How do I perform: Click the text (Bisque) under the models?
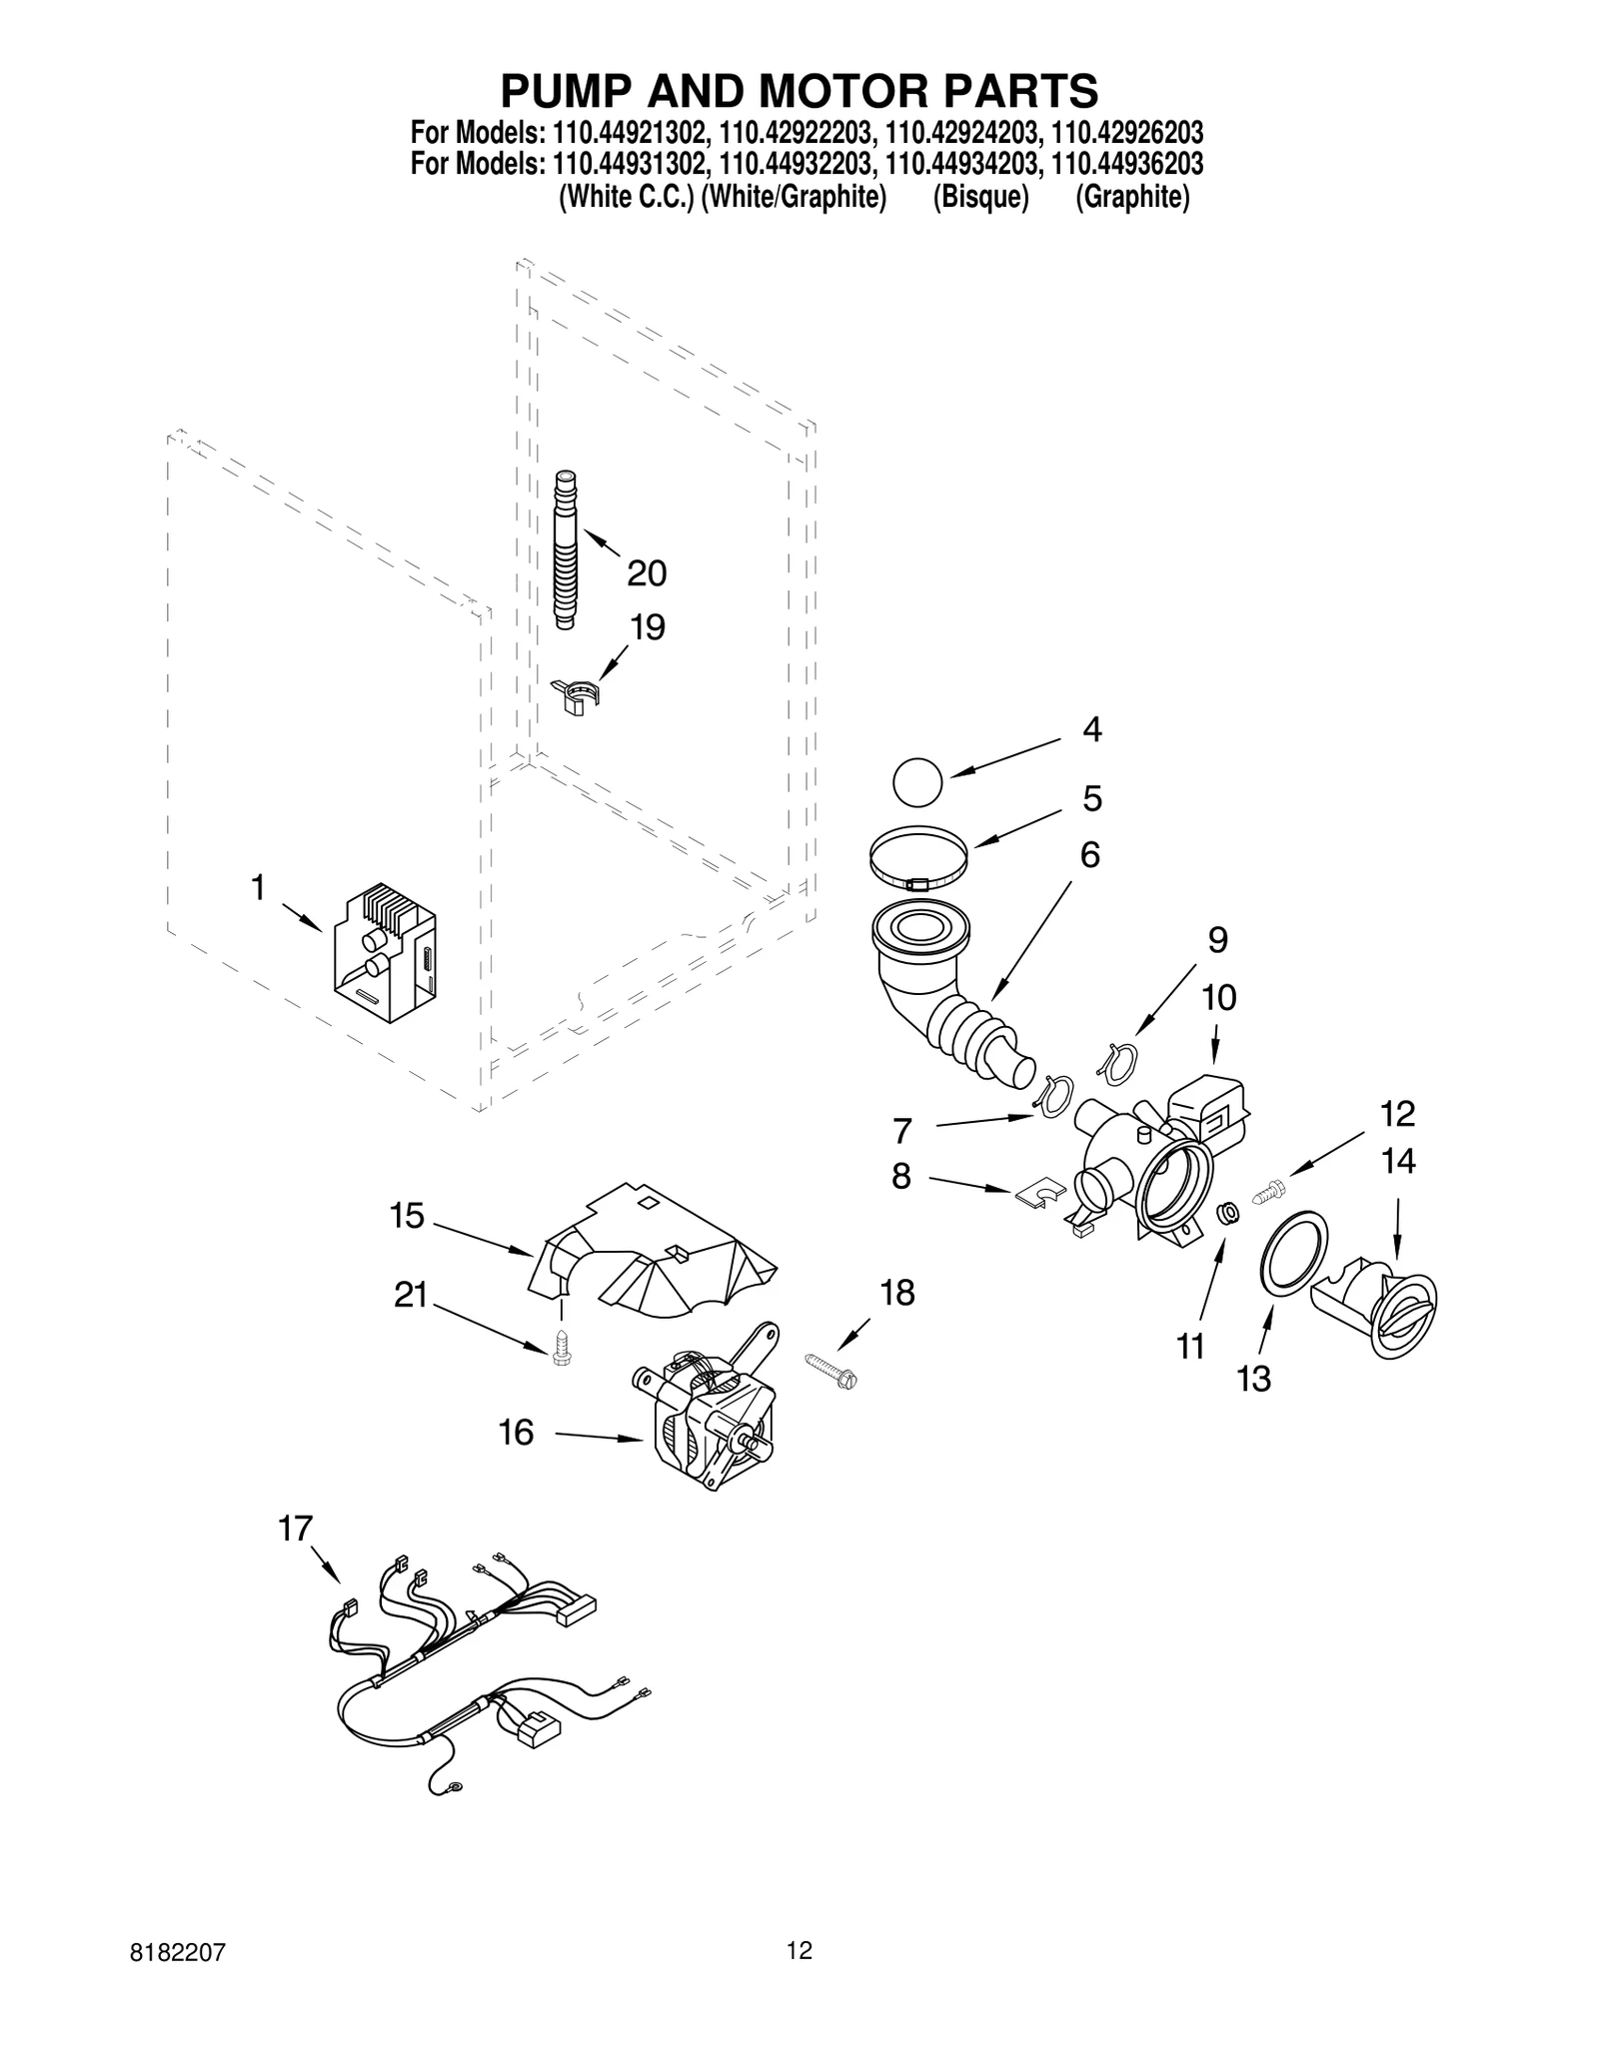980,198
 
